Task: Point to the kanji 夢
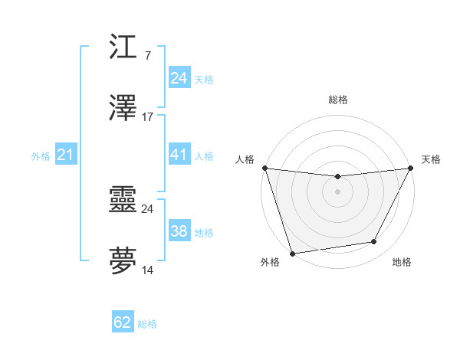(x=123, y=261)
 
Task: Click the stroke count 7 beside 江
(x=147, y=55)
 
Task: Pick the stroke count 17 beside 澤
(x=148, y=117)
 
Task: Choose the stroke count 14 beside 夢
(x=148, y=270)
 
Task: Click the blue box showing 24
(x=179, y=78)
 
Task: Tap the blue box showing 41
(x=179, y=155)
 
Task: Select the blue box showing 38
(x=179, y=231)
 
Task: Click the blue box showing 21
(x=66, y=155)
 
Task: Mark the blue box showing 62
(x=123, y=322)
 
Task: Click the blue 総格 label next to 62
(x=147, y=324)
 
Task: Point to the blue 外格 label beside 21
(x=41, y=156)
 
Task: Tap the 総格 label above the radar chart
(x=337, y=100)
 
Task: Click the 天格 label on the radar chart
(x=431, y=159)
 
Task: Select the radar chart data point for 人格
(x=264, y=168)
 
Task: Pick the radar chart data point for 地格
(x=374, y=242)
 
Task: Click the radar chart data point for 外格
(x=292, y=253)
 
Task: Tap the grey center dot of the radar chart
(x=337, y=191)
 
